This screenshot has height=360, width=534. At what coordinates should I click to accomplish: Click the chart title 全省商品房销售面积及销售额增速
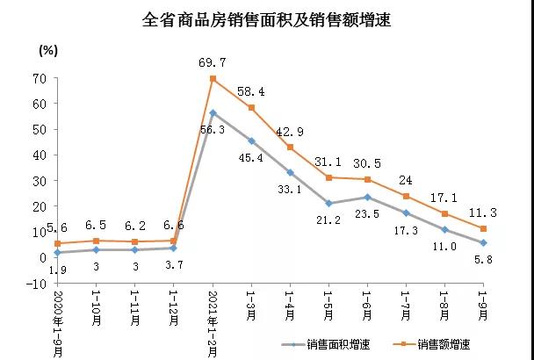(x=266, y=19)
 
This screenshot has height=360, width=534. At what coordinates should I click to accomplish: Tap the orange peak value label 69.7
(x=213, y=62)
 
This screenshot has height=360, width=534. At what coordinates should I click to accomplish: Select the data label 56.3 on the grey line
(x=213, y=128)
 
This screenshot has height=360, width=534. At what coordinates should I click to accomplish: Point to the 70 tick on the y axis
(x=40, y=78)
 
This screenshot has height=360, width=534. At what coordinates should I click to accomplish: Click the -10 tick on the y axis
(x=36, y=283)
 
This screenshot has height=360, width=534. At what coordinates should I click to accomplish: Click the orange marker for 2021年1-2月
(x=213, y=78)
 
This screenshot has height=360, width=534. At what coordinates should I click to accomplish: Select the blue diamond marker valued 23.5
(x=367, y=197)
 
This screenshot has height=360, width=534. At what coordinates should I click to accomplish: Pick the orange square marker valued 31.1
(x=328, y=177)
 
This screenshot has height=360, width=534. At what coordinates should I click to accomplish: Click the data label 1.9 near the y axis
(x=57, y=271)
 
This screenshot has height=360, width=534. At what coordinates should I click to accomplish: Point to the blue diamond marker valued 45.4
(x=251, y=140)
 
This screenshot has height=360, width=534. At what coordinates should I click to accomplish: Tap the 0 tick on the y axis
(x=42, y=257)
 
